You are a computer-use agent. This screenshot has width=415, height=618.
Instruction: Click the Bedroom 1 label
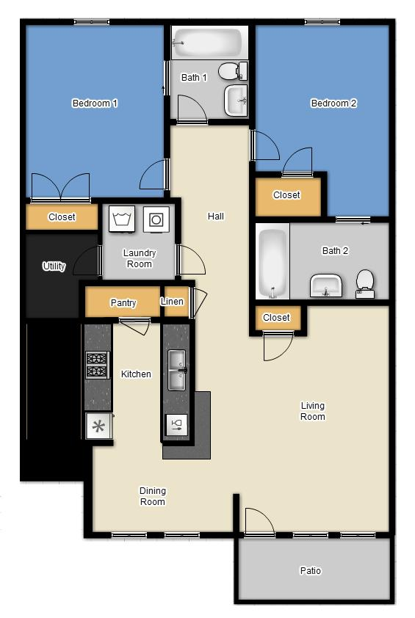95,103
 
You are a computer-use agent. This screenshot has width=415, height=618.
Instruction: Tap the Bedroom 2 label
333,103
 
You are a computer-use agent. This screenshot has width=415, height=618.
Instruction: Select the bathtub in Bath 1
207,43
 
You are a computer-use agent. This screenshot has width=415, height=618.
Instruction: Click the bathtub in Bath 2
273,262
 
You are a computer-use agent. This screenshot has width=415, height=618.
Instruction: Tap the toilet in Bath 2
365,282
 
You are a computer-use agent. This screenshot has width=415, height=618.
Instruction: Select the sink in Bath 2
326,285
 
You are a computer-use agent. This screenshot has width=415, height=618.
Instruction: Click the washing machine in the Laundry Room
121,218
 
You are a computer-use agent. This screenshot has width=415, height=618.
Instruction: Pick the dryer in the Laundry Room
156,218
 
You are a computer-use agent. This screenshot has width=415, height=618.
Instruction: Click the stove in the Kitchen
97,365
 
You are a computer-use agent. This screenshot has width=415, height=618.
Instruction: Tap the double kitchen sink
176,370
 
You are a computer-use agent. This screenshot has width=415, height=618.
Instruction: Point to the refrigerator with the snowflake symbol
96,426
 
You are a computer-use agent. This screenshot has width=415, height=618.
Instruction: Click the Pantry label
123,303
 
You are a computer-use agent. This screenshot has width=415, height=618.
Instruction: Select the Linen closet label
172,302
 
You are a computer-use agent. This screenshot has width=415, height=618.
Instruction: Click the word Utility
54,266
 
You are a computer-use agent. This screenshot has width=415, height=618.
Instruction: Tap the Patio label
311,570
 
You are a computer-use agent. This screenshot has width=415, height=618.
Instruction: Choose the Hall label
216,217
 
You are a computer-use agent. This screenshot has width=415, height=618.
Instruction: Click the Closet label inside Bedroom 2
286,195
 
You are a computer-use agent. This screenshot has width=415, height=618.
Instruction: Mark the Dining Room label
153,496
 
